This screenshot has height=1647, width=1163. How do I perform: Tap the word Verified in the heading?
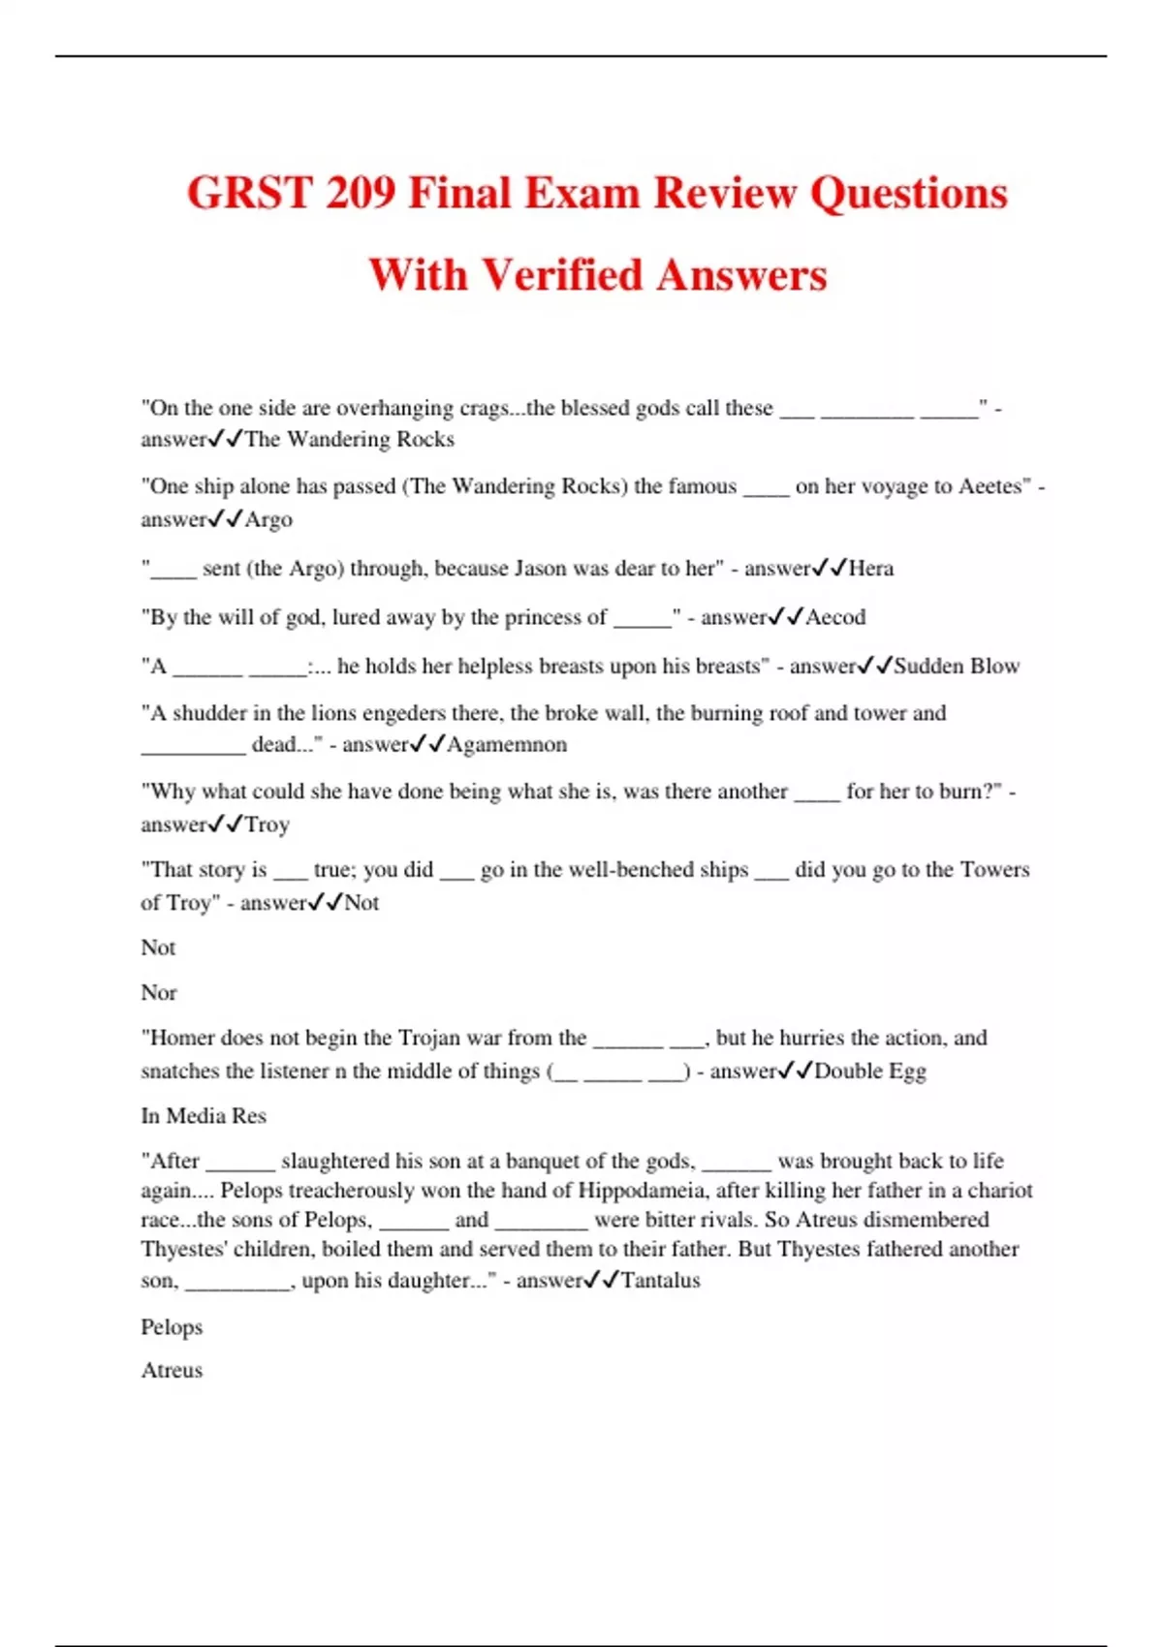pos(565,275)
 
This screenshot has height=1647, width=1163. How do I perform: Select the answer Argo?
pos(268,519)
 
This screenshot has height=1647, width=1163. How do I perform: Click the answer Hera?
pos(871,568)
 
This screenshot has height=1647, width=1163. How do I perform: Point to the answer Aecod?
pos(835,617)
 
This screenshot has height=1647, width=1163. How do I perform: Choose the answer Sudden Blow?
pos(957,666)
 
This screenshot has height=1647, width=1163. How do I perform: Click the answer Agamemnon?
pos(507,744)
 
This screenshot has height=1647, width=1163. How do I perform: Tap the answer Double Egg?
pos(870,1071)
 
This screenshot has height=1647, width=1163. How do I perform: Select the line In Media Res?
pos(204,1115)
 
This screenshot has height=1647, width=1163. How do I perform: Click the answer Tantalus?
pos(660,1280)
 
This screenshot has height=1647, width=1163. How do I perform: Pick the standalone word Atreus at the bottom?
pos(172,1370)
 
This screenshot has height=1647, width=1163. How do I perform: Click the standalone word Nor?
pos(159,992)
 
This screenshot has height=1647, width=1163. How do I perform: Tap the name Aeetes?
pos(990,486)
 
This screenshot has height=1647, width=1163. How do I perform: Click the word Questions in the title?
pos(908,193)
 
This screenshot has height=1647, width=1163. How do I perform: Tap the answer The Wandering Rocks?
pos(350,439)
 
